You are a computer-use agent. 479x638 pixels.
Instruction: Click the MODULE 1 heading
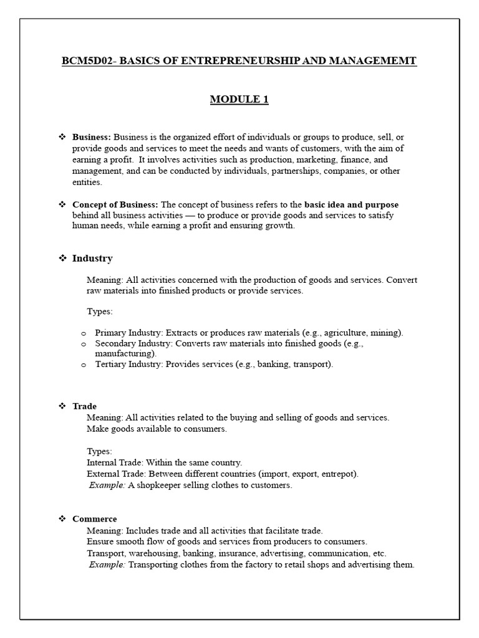pos(239,100)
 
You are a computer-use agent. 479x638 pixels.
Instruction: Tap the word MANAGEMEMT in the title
pos(374,61)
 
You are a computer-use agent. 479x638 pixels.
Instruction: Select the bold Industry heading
pos(92,258)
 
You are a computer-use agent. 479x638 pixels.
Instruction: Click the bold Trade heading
pos(84,406)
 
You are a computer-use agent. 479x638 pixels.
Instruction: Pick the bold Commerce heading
pos(94,518)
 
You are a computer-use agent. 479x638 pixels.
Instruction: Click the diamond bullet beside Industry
pos(62,258)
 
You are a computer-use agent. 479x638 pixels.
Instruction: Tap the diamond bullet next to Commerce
pos(62,518)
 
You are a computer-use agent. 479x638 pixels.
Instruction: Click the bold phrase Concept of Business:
pos(115,204)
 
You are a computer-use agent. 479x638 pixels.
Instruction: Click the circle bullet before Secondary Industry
pos(84,344)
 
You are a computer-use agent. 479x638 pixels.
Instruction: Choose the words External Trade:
pos(115,474)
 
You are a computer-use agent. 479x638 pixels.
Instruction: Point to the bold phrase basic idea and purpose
pos(351,204)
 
